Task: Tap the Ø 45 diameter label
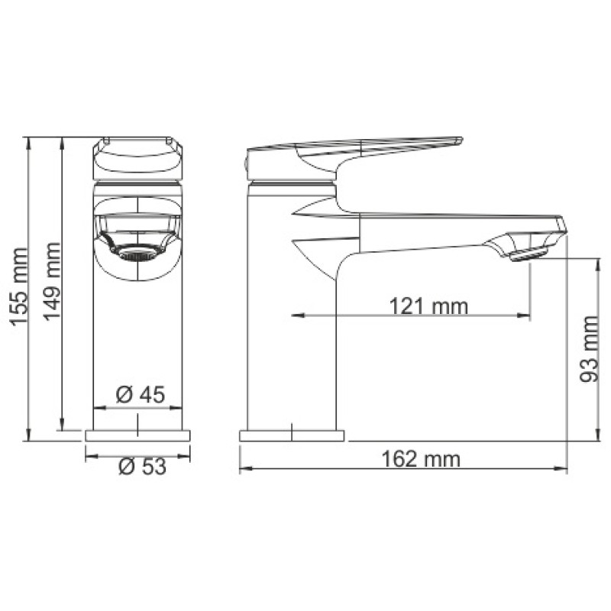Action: pos(141,394)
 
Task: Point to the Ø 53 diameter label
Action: pos(143,466)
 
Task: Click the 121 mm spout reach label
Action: pos(428,305)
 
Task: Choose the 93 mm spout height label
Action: pos(588,349)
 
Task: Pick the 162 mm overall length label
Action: pos(421,459)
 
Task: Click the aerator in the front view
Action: pos(137,254)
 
